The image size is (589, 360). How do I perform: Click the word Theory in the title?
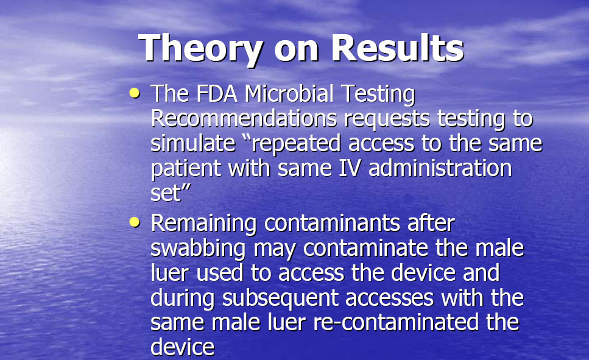coord(200,49)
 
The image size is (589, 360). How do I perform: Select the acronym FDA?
coord(217,93)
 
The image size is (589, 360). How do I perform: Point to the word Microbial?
coord(289,93)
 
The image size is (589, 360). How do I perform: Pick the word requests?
coord(387,120)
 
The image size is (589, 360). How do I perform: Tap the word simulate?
coord(193,143)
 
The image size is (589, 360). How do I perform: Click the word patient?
coord(186,169)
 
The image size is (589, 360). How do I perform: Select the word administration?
coord(440,168)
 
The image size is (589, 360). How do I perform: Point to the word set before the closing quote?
coord(166,194)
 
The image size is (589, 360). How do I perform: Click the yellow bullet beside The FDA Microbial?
coord(135,93)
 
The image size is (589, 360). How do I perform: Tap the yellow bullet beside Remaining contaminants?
coord(135,222)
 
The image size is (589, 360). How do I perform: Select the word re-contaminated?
coord(395,322)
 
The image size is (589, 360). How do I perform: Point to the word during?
coord(183,298)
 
